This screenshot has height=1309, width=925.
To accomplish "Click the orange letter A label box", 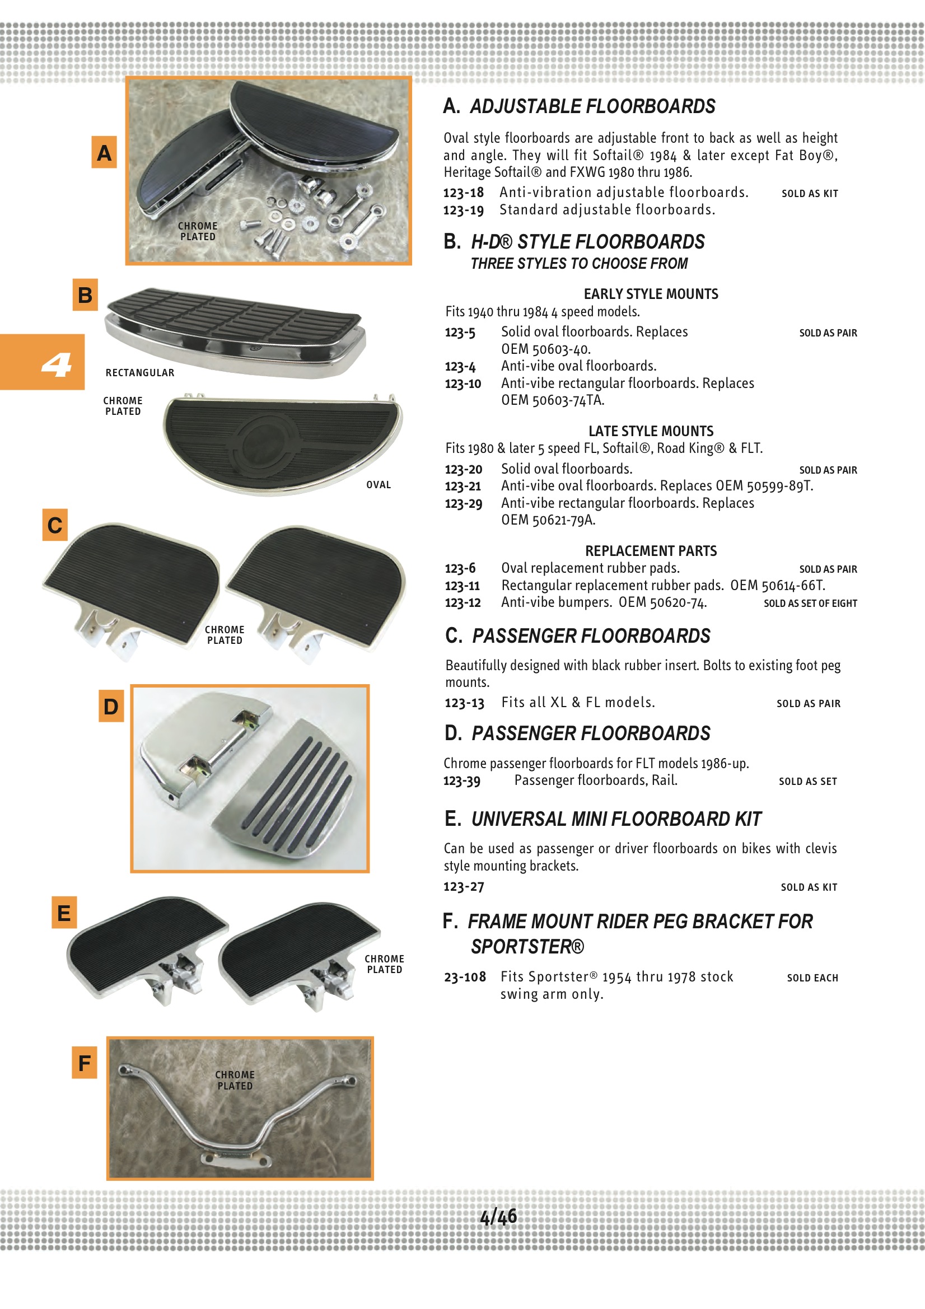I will click(104, 152).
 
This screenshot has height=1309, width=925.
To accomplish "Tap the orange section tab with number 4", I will click(42, 362).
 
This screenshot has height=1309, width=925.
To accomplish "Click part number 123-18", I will click(463, 193).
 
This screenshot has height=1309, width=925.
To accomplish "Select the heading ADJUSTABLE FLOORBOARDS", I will click(592, 106).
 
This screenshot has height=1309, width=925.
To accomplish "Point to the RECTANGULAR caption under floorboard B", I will click(140, 373).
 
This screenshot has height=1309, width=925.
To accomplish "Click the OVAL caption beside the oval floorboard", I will click(378, 485).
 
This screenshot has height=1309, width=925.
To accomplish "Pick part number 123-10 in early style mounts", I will click(462, 384).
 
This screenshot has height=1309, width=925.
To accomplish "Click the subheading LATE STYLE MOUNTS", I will click(651, 431).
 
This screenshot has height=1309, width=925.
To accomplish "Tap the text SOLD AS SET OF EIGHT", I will click(810, 603).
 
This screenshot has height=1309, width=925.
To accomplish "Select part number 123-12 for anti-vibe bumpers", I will click(462, 602).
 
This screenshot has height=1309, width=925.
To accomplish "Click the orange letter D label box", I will click(111, 706).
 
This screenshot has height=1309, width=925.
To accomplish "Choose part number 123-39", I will click(462, 780).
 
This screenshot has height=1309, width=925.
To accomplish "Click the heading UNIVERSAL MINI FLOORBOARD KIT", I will click(615, 819).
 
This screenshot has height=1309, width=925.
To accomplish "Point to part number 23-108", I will click(465, 977).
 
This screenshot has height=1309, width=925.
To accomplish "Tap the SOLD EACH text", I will click(812, 978).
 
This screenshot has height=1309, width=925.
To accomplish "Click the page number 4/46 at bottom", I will click(498, 1217).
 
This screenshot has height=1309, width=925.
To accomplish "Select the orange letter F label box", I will click(85, 1063).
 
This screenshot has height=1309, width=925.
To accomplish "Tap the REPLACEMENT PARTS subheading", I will click(650, 551).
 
